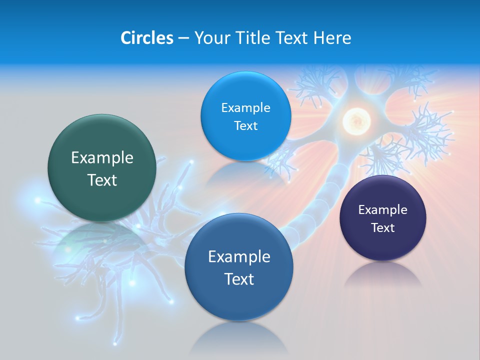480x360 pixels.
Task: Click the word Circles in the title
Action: [x=147, y=38]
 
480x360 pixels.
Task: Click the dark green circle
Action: [x=102, y=145]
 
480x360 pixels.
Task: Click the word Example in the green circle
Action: [x=102, y=158]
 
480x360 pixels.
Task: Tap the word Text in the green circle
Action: [x=102, y=180]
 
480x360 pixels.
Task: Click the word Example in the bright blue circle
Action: [x=245, y=108]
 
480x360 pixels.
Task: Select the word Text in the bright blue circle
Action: [x=245, y=126]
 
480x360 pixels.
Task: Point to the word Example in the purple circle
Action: [x=383, y=210]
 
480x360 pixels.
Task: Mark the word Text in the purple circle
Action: [x=383, y=228]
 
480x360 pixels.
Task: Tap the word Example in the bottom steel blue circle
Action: [x=239, y=257]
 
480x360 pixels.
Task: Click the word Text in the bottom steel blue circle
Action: [x=239, y=279]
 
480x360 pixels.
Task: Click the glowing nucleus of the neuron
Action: [x=356, y=120]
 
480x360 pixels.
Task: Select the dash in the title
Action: [x=183, y=38]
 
